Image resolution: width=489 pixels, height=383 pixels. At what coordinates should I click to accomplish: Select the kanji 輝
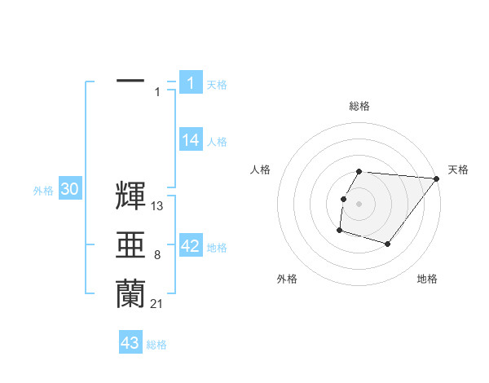coord(130,196)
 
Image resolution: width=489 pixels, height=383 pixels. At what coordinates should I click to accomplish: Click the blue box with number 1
coord(190,82)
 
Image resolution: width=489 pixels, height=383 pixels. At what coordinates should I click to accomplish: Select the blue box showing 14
coord(190,140)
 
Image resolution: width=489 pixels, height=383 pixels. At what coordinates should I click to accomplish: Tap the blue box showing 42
coord(190,246)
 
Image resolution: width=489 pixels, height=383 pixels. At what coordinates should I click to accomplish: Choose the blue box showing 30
coord(69,190)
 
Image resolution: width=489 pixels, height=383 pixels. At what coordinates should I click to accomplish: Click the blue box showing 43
coord(130,343)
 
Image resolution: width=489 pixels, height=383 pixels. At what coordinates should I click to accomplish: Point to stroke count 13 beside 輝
coord(157,207)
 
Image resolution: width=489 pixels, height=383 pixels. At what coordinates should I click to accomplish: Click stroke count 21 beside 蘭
coord(157,304)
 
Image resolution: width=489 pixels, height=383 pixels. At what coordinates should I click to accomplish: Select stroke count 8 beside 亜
coord(157,256)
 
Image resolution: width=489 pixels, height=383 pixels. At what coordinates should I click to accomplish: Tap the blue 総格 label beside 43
coord(156,345)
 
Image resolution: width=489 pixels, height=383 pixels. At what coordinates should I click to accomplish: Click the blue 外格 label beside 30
coord(43,191)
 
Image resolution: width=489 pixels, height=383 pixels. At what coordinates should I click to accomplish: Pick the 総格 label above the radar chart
coord(359,106)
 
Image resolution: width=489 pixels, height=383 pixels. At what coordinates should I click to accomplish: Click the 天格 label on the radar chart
coord(459,169)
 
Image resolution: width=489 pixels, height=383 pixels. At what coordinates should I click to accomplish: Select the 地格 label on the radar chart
coord(427,279)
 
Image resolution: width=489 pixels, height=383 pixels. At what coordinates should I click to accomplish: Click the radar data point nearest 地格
coord(389,244)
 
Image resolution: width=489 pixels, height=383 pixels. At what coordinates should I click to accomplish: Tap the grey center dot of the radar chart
coord(359,203)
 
